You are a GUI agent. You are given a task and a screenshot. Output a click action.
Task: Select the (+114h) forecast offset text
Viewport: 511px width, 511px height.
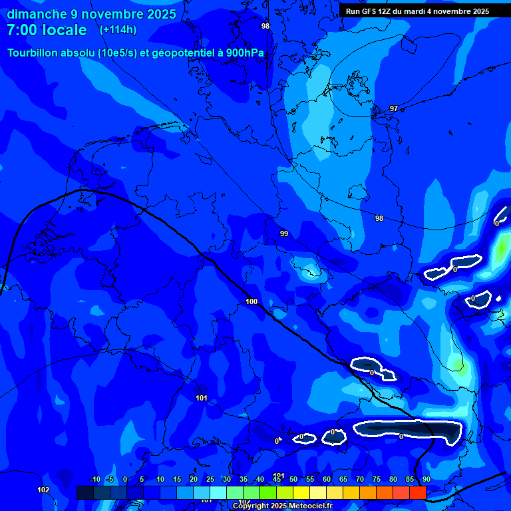pos(118,30)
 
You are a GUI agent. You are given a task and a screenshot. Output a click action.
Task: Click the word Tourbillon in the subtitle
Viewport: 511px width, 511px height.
pos(38,53)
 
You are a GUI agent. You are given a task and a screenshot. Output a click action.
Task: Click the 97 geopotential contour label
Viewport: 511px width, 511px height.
pos(394,108)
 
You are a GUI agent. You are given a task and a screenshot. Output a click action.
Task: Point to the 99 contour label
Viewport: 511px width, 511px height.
pos(284,234)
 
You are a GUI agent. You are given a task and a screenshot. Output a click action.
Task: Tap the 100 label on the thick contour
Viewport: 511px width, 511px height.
pos(252,301)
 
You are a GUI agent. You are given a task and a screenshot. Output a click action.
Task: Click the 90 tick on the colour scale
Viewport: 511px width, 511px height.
pos(426,479)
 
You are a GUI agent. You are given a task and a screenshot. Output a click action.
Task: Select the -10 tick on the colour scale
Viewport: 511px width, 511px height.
pos(94,479)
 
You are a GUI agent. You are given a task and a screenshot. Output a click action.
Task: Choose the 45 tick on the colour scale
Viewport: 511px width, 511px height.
pos(277,479)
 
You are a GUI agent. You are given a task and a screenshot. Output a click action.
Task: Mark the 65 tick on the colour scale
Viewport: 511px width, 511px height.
pos(343,479)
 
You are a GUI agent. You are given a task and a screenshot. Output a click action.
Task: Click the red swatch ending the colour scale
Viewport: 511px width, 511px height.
pos(417,492)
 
